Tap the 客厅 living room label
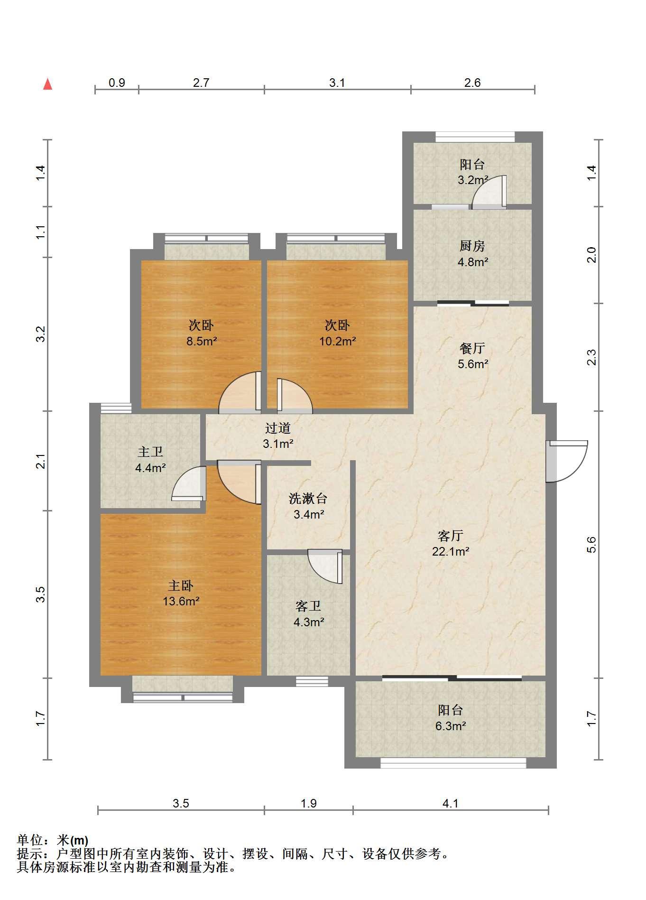(x=450, y=536)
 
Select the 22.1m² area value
(x=451, y=551)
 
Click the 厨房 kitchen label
(x=472, y=246)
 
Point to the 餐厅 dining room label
(x=472, y=348)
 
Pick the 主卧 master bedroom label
(x=181, y=585)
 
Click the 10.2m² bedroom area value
(x=337, y=341)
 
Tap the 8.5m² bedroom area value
(x=202, y=341)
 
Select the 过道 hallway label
(x=278, y=428)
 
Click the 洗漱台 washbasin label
(x=308, y=498)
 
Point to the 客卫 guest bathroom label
(x=308, y=606)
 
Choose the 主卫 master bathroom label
(x=150, y=452)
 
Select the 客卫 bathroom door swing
(x=325, y=566)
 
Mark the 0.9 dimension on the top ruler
(x=117, y=83)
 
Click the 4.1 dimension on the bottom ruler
(x=451, y=803)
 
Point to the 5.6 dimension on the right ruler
(x=591, y=545)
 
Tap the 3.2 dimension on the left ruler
(x=41, y=334)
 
